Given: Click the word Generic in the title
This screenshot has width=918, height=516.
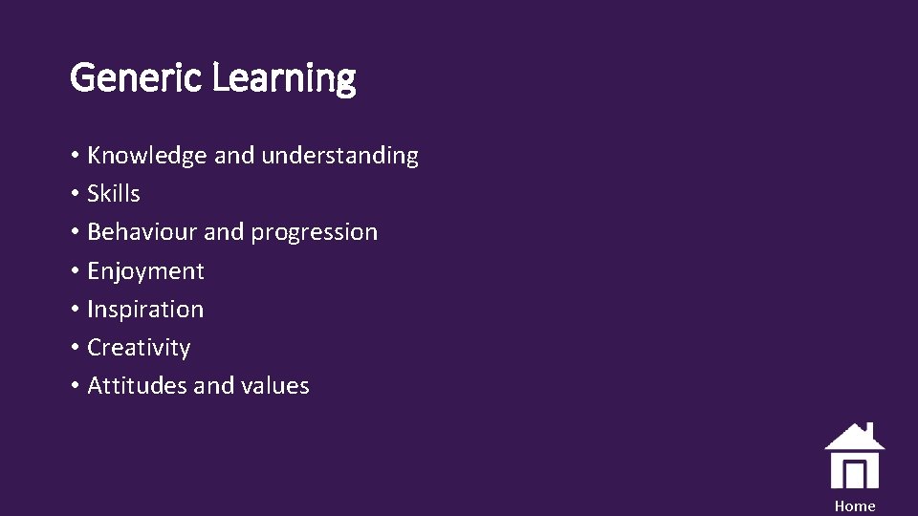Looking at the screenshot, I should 137,77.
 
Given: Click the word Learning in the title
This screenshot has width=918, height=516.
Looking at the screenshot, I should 283,77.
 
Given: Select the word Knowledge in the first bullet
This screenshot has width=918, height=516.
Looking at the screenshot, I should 147,156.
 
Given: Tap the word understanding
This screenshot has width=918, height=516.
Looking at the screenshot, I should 339,156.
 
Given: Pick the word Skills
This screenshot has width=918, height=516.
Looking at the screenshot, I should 114,194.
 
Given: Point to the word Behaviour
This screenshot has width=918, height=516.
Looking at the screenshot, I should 142,232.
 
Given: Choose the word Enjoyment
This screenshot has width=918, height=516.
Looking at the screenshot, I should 145,271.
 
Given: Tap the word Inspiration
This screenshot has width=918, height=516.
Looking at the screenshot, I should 145,310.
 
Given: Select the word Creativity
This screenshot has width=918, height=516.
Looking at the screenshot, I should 139,348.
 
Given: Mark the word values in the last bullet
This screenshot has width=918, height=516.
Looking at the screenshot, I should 276,386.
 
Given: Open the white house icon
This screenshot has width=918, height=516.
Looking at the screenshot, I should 854,457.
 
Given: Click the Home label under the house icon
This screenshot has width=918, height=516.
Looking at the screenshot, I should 854,506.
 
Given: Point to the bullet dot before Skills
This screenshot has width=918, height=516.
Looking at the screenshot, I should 75,195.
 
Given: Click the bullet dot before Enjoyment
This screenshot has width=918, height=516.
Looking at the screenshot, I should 75,272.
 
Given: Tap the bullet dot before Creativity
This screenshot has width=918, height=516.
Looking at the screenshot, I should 75,349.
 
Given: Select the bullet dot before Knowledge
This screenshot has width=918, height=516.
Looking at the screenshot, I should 75,157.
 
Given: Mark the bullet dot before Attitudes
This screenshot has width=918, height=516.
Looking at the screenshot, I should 75,387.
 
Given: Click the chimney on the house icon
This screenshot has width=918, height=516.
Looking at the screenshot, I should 869,429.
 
